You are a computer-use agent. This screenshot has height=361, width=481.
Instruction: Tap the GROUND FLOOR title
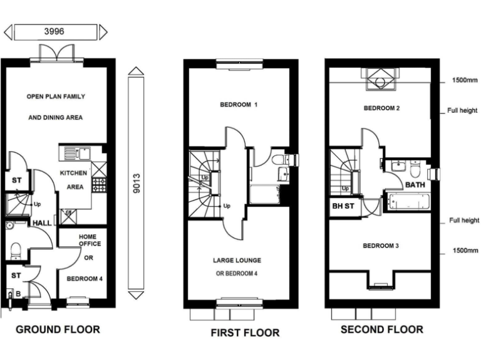click(58, 329)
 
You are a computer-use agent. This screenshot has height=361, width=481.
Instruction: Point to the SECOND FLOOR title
click(381, 329)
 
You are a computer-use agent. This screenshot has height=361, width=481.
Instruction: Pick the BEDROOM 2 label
click(381, 108)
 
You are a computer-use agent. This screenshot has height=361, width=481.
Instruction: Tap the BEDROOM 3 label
click(381, 246)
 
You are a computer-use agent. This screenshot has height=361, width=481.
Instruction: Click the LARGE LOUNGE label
click(237, 260)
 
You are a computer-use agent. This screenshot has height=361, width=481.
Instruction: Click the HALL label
click(42, 222)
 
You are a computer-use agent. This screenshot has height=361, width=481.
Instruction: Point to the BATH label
click(415, 186)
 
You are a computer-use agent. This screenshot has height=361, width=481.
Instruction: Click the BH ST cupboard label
click(342, 206)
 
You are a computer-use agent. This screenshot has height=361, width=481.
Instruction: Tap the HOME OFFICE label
click(89, 239)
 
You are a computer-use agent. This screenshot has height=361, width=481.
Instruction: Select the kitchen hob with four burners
click(99, 184)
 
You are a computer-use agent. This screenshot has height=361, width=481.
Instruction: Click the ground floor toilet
click(16, 250)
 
